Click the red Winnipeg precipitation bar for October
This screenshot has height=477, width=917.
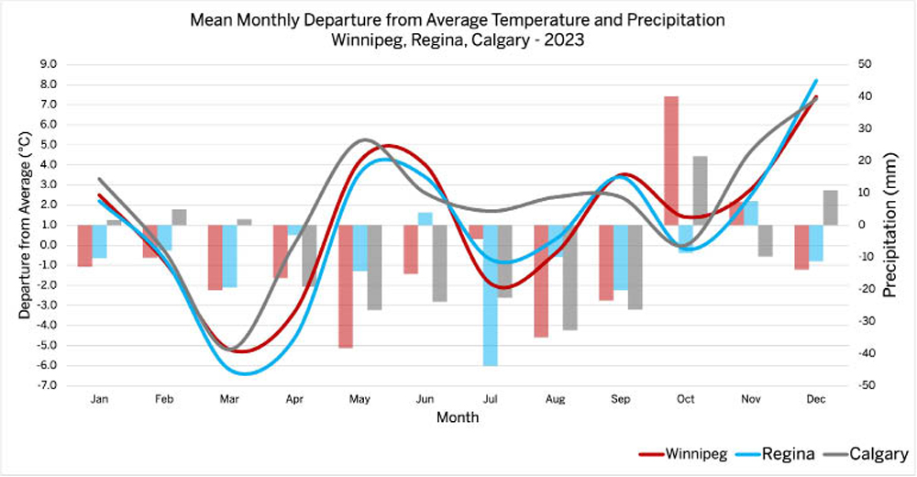671,161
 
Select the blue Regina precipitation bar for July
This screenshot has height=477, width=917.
491,295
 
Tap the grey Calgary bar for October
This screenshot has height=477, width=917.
700,191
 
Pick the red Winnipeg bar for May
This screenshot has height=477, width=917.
346,286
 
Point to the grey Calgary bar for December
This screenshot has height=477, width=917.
830,207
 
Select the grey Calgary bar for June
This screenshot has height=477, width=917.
439,263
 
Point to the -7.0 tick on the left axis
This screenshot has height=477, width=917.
46,385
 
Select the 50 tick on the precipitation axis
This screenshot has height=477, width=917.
865,64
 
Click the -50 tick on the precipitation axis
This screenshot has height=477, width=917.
863,385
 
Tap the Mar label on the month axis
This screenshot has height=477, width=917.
229,400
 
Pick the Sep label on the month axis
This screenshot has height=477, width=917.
621,400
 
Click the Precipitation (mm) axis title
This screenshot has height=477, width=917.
889,225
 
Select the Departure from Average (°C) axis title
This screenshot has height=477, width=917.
25,225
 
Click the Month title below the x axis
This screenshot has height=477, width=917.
458,417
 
